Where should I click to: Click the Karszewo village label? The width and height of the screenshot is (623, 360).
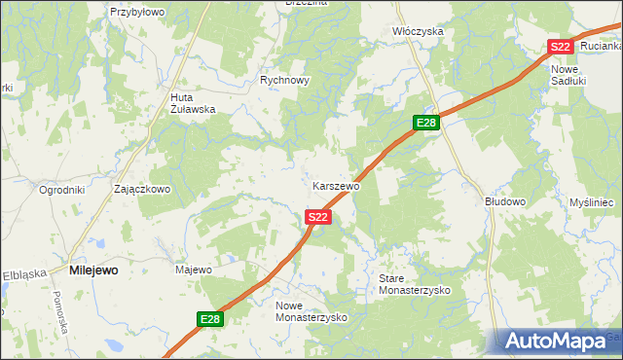coord(337,185)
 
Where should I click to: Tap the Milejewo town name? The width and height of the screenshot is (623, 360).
coord(94,270)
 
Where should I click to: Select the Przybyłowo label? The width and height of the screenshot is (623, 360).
coord(137,12)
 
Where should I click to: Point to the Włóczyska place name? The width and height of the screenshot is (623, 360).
coord(418,31)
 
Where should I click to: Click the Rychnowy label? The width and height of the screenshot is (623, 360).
coord(284,81)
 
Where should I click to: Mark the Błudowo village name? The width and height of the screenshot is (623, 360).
coord(505,201)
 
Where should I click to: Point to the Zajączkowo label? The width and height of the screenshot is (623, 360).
coord(142,189)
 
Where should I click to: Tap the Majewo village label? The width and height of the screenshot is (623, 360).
coord(193,269)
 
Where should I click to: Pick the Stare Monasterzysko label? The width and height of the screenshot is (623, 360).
coord(414,284)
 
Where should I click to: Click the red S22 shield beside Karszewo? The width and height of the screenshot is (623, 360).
coord(317,217)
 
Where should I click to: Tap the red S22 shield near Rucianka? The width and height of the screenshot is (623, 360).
coord(559,47)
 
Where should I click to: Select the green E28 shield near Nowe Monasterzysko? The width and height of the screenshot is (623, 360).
coord(211,319)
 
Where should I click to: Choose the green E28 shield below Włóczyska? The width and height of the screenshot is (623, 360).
coord(426,123)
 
